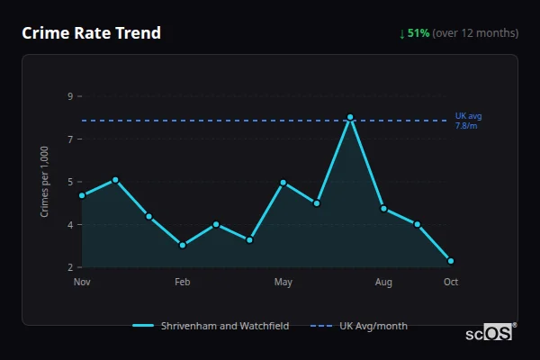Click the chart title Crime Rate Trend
click(x=91, y=33)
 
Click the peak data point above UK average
click(x=350, y=118)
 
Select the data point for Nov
click(x=82, y=195)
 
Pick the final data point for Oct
click(x=451, y=261)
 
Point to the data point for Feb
click(x=183, y=245)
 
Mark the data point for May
click(x=283, y=183)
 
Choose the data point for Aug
click(x=384, y=209)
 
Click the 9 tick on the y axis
click(x=69, y=96)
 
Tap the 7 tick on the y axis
click(x=69, y=139)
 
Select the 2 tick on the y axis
click(x=69, y=267)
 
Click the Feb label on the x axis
click(x=183, y=283)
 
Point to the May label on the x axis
click(x=283, y=283)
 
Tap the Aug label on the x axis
click(x=384, y=283)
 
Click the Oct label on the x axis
click(x=451, y=283)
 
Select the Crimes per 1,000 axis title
click(x=44, y=182)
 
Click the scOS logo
click(x=489, y=333)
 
